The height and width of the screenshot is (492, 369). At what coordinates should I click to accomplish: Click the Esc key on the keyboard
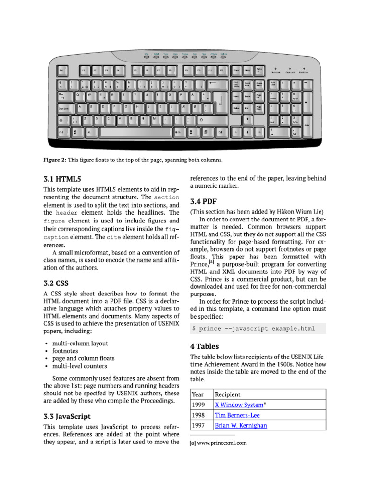click(63, 71)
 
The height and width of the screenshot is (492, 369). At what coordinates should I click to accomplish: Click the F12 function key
click(221, 71)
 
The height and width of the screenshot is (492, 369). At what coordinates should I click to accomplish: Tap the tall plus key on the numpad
click(306, 102)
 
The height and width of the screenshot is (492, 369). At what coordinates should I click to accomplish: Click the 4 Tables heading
click(204, 346)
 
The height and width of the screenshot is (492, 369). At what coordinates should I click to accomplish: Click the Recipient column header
click(228, 394)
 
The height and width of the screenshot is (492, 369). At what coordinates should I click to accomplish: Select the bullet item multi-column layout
click(80, 344)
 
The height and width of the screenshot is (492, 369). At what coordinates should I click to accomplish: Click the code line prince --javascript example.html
click(253, 329)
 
